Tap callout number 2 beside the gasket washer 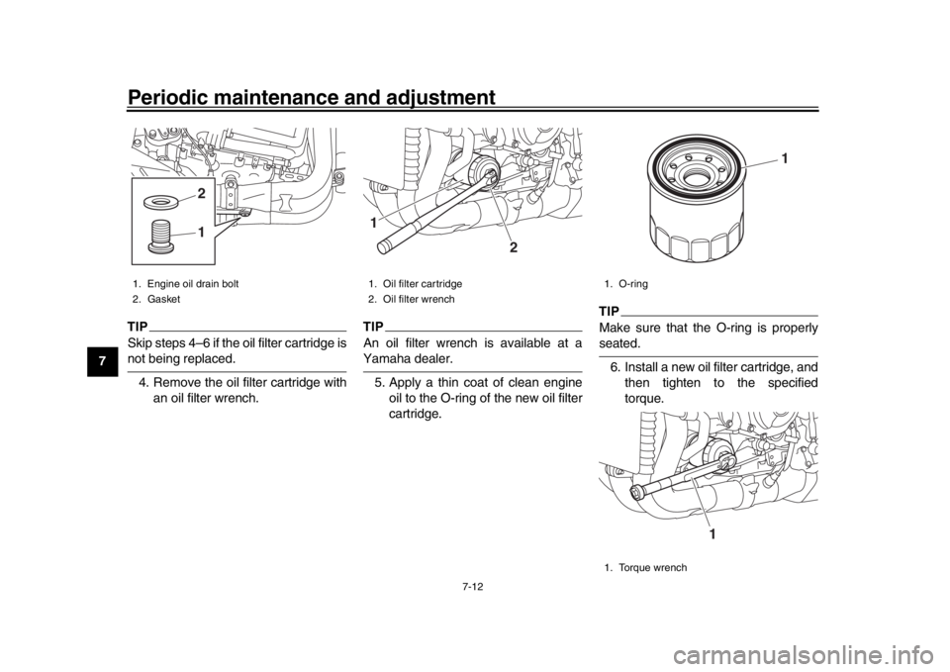click(x=200, y=193)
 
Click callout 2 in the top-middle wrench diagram click(x=514, y=247)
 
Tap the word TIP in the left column click(x=138, y=326)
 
